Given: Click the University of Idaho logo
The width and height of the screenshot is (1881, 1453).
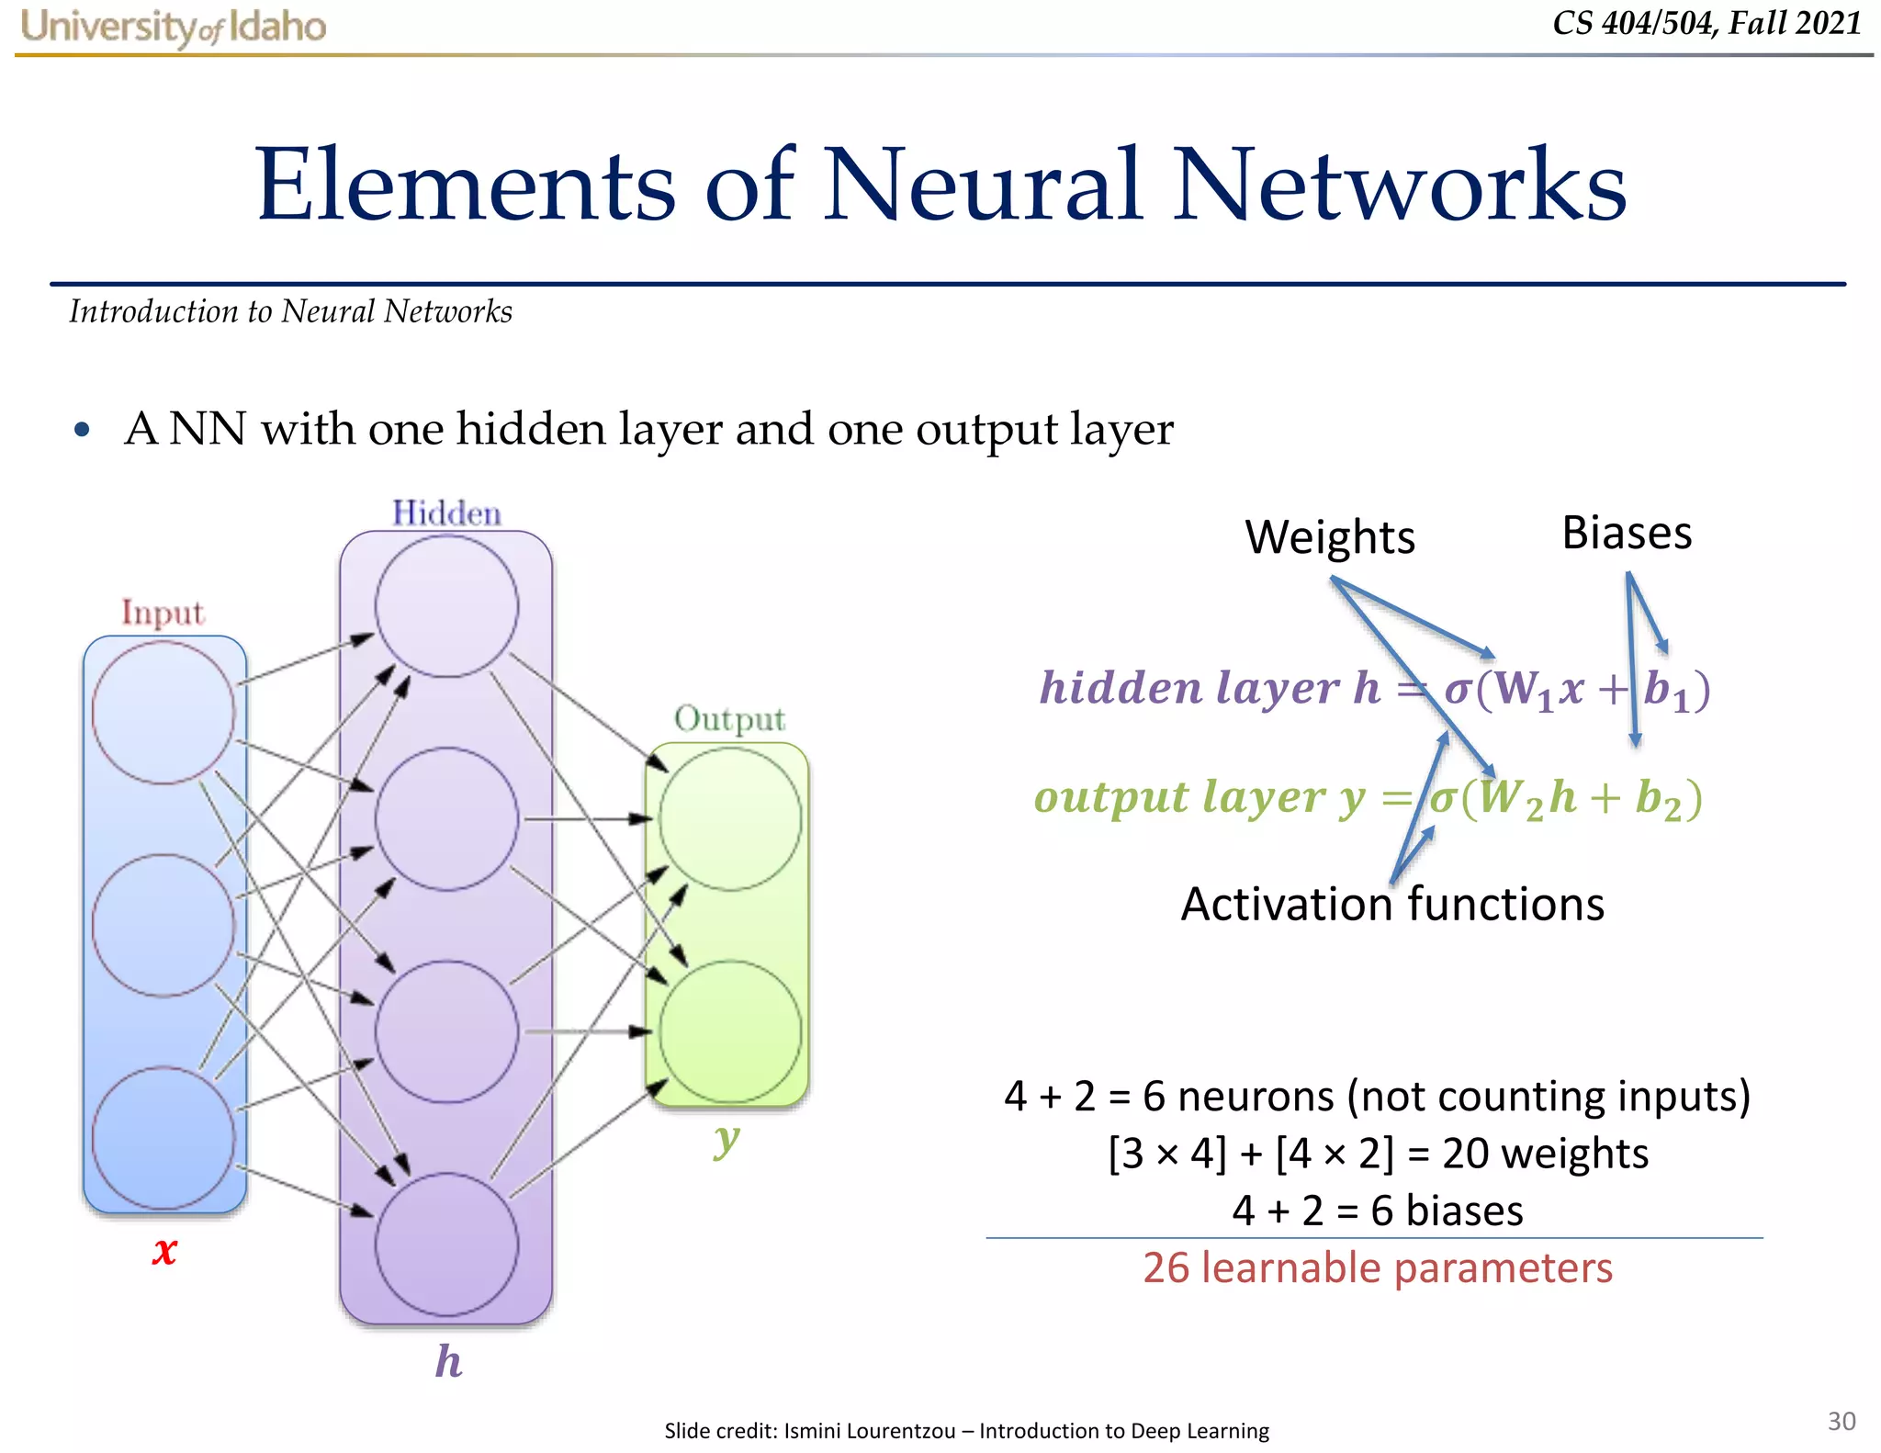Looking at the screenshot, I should pos(173,27).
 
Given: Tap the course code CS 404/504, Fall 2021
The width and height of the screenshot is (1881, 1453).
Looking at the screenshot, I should pos(1706,23).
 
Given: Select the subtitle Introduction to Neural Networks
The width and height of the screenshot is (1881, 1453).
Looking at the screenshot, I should pos(290,311).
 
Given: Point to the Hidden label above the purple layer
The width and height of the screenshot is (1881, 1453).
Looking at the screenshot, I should pos(446,512).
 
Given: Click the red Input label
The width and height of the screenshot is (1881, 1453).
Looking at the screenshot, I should pos(163,613).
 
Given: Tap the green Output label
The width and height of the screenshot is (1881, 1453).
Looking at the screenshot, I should pos(729,718).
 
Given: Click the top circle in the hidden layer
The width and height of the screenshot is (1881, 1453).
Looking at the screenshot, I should pos(446,606).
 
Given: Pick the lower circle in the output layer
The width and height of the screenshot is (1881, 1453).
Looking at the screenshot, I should pos(730,1031).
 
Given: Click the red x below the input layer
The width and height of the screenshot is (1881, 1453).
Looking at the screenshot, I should pos(164,1250).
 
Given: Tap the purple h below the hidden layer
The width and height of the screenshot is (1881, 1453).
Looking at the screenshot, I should pos(448,1361).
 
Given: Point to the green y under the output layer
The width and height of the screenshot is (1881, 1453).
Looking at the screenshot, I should pos(726,1140).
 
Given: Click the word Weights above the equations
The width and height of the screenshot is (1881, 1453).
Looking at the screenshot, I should pos(1329,537).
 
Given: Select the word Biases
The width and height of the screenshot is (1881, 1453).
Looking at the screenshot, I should pos(1627,534).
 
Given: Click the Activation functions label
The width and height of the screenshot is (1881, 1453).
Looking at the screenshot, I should pos(1392,905).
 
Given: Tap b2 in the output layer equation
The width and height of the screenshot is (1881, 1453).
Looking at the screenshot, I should pos(1658,799).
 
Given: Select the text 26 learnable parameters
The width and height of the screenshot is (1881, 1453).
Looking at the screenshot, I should pos(1377,1268).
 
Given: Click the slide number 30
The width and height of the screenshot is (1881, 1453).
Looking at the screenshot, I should pos(1841,1421).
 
